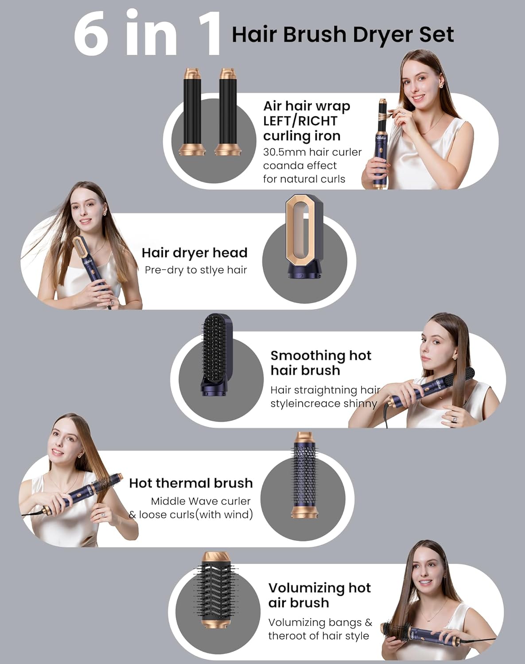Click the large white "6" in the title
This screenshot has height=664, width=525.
click(x=91, y=33)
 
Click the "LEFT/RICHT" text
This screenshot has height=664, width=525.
click(x=300, y=121)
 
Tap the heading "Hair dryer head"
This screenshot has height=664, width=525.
click(x=194, y=253)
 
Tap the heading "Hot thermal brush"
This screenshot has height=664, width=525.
click(x=191, y=483)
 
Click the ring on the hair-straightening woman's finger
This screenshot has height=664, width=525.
click(x=455, y=419)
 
